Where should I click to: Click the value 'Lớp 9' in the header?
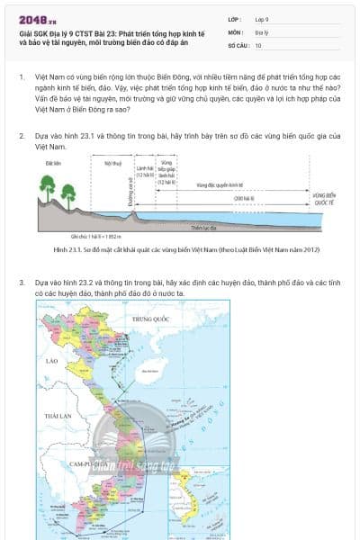pos(262,18)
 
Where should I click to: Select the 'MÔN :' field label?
pos(235,31)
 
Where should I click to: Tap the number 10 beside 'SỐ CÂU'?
pos(258,44)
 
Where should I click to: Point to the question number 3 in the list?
pos(22,282)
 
